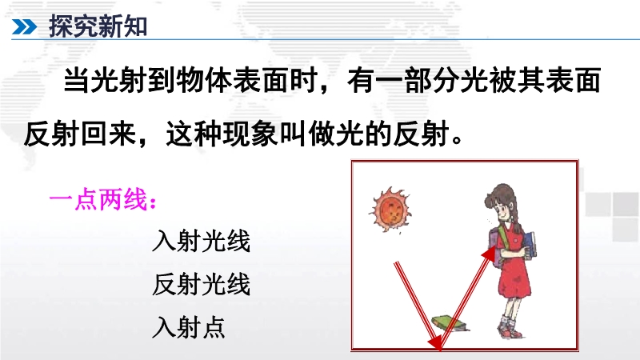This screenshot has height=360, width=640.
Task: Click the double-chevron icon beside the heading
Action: click(24, 27)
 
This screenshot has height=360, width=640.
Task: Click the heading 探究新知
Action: click(98, 26)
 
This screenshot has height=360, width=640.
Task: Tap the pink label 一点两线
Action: click(103, 200)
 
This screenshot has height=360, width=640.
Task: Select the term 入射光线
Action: click(201, 241)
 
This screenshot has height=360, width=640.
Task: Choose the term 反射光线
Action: click(201, 284)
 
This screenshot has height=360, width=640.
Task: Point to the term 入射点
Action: click(189, 327)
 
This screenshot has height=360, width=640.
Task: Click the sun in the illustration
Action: click(390, 210)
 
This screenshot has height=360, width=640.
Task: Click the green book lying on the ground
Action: click(449, 322)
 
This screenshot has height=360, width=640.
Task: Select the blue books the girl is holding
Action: click(530, 245)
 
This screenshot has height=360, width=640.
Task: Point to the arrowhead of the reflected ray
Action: click(490, 254)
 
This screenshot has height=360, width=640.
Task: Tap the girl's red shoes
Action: click(510, 330)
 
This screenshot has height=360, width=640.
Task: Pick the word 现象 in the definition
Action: click(266, 134)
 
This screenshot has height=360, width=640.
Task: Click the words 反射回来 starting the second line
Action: click(79, 134)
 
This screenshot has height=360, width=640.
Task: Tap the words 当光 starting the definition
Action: click(91, 81)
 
